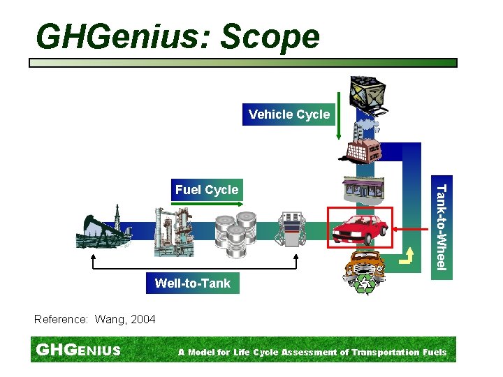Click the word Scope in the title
coord(270,36)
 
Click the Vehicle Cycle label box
coord(289,114)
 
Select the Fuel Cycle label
coord(207,190)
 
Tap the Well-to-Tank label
coord(192,283)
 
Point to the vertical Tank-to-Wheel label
coord(441,227)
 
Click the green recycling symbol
coord(366,284)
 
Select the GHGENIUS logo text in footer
coord(78,350)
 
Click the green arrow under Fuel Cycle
coord(207,203)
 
